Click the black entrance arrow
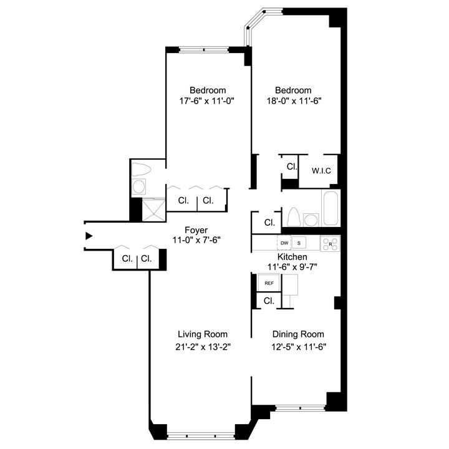pyautogui.click(x=89, y=236)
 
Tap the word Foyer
pyautogui.click(x=196, y=229)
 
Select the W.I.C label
pyautogui.click(x=321, y=171)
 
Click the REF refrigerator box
pyautogui.click(x=269, y=283)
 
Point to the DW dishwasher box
pyautogui.click(x=284, y=243)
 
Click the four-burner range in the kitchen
pyautogui.click(x=330, y=243)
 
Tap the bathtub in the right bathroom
pyautogui.click(x=331, y=208)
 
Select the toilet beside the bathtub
pyautogui.click(x=293, y=216)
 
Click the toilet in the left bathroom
pyautogui.click(x=141, y=170)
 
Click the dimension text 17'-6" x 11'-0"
pyautogui.click(x=208, y=100)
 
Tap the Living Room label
pyautogui.click(x=202, y=334)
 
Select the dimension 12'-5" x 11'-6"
pyautogui.click(x=298, y=347)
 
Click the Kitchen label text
pyautogui.click(x=293, y=256)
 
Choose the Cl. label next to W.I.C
pyautogui.click(x=291, y=167)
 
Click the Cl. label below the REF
pyautogui.click(x=269, y=301)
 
